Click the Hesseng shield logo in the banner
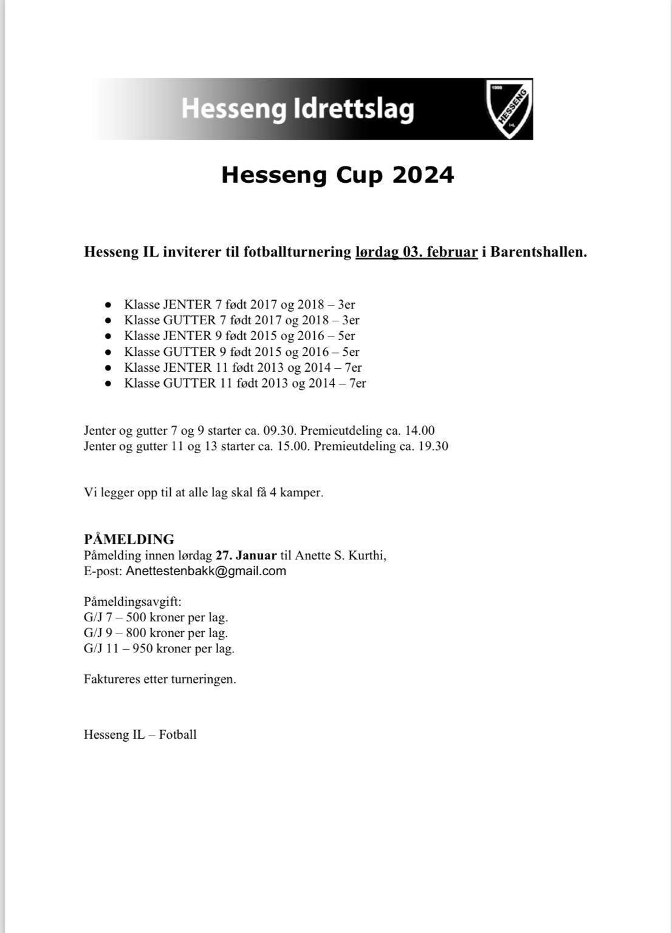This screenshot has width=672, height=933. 509,108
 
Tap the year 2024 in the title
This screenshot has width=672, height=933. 423,175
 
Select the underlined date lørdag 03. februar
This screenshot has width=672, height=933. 416,251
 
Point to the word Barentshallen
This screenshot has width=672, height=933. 538,251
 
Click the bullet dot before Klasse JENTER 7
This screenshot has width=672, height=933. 108,304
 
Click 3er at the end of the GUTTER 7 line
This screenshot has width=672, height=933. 351,320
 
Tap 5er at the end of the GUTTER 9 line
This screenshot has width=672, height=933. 351,352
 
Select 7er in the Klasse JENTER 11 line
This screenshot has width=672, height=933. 353,367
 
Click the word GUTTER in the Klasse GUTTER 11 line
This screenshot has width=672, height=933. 190,383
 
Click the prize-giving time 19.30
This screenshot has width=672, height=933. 433,446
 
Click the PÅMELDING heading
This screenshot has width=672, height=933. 129,539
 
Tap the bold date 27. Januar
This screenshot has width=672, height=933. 246,555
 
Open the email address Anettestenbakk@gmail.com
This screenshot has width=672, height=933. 205,571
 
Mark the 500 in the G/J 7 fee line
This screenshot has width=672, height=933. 136,618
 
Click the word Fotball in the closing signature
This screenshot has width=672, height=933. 177,734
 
